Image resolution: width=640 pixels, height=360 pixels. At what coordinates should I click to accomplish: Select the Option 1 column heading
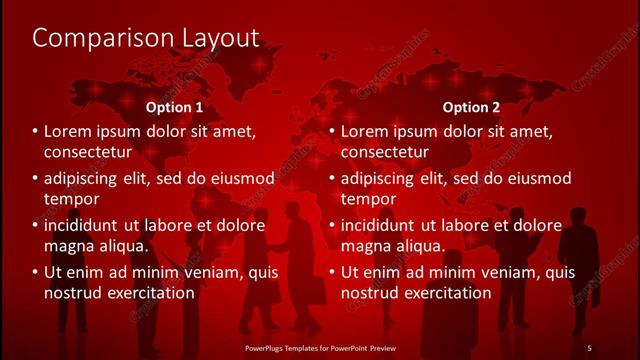click(x=175, y=107)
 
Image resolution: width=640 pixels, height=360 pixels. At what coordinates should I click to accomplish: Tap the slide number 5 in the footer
click(x=589, y=347)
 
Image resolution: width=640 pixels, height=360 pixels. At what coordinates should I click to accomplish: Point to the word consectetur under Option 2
click(x=384, y=152)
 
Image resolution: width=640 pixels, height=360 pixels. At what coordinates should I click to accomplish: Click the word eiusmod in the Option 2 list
click(x=538, y=179)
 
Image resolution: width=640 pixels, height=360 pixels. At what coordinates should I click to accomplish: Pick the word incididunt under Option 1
click(x=88, y=225)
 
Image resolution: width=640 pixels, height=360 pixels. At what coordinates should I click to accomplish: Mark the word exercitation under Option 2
click(x=441, y=292)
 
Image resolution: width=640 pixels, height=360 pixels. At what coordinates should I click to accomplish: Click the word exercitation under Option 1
click(x=145, y=292)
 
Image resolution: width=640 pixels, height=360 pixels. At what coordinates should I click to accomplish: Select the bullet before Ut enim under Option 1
click(x=35, y=272)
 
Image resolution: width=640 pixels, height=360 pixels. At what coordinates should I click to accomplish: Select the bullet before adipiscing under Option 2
click(x=331, y=179)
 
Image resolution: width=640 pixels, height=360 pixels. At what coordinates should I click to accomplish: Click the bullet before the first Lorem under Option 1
click(x=35, y=132)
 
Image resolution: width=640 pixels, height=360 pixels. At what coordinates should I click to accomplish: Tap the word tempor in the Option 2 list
click(x=369, y=198)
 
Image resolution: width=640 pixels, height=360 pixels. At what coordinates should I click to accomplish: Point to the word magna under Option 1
click(x=69, y=245)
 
